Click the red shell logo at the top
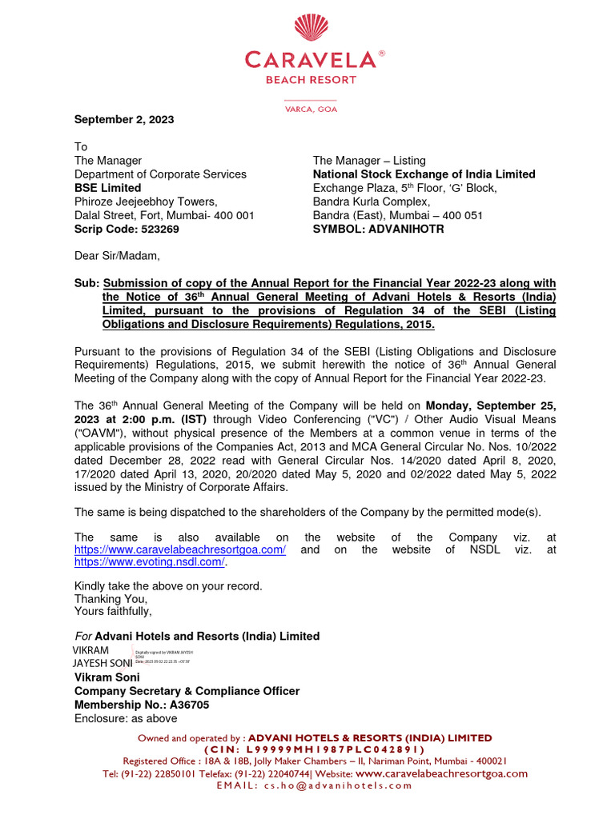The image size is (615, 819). pyautogui.click(x=312, y=27)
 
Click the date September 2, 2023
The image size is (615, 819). pyautogui.click(x=124, y=119)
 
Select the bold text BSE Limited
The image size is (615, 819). pyautogui.click(x=108, y=188)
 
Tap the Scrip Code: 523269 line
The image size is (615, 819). pyautogui.click(x=127, y=229)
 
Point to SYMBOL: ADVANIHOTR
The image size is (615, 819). pyautogui.click(x=378, y=229)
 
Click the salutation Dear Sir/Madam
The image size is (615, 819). pyautogui.click(x=117, y=256)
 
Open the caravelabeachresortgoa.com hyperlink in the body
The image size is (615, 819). pyautogui.click(x=180, y=549)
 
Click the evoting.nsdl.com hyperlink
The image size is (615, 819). pyautogui.click(x=150, y=562)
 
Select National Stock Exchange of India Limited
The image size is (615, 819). pyautogui.click(x=424, y=174)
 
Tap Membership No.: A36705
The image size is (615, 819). pyautogui.click(x=142, y=705)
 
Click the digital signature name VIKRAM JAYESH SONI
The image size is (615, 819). pyautogui.click(x=102, y=657)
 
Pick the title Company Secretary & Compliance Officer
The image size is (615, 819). pyautogui.click(x=187, y=691)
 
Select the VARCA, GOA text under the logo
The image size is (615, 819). pyautogui.click(x=312, y=109)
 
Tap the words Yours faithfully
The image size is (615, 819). pyautogui.click(x=113, y=612)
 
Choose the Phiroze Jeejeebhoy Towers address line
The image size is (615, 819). pyautogui.click(x=146, y=202)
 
